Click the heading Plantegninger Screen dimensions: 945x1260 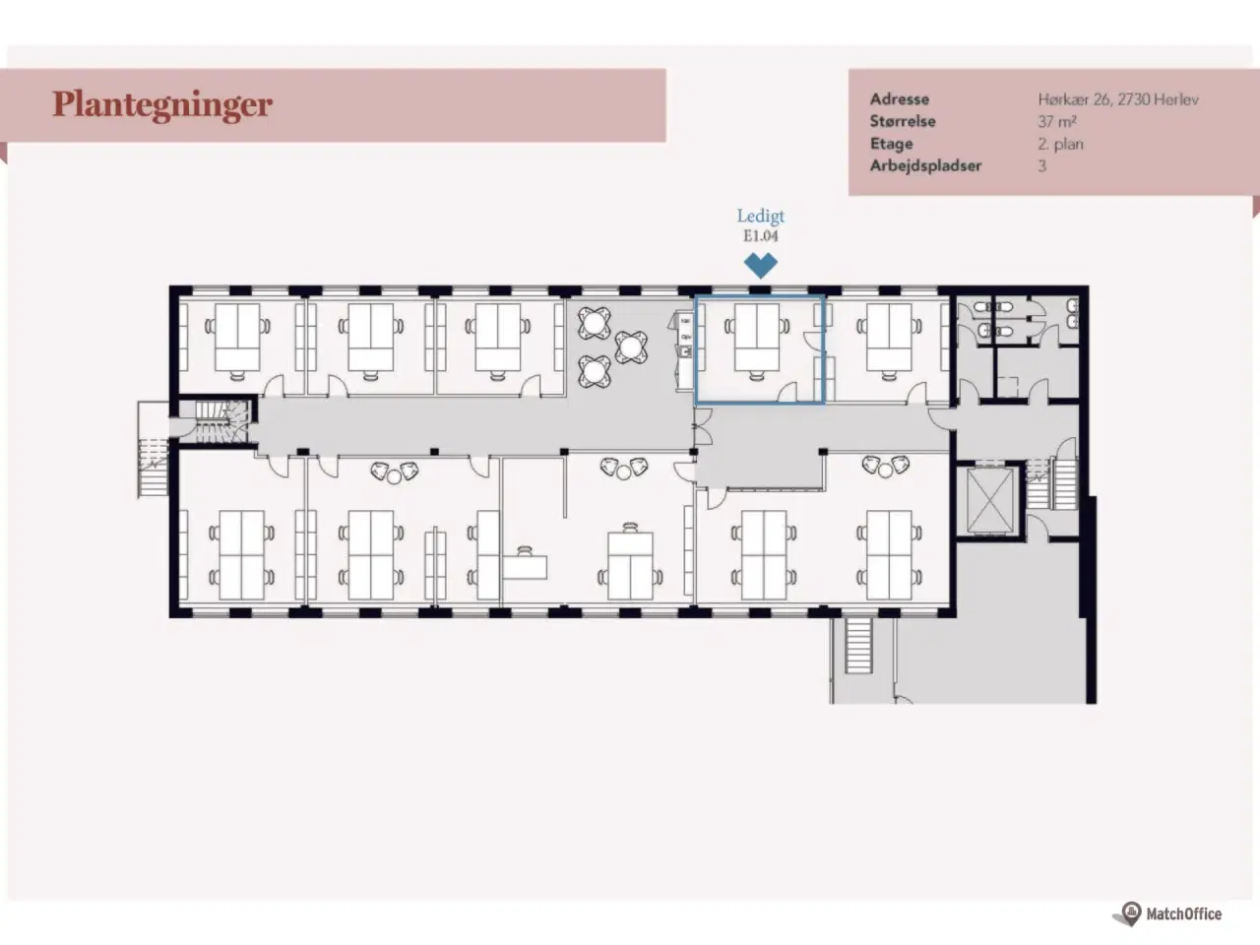162,104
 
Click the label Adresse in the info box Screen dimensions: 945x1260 899,98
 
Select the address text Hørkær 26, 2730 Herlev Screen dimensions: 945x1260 1117,98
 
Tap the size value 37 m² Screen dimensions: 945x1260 1056,121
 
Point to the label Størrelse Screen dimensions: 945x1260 902,121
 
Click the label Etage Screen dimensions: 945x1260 891,144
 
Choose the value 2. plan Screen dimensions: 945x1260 1060,144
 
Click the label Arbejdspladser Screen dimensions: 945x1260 925,165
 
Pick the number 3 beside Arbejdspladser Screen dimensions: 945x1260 1041,165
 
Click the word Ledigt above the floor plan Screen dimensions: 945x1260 761,216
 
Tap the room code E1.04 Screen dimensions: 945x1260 761,236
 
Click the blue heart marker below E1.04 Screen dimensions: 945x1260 761,264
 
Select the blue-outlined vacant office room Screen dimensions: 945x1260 759,348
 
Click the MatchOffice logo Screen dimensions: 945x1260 1171,913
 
